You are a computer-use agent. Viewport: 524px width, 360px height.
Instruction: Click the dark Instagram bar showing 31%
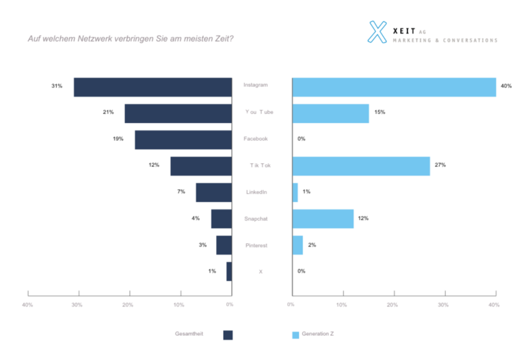[x=152, y=87]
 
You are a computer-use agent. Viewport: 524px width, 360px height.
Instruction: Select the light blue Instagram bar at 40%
[x=393, y=87]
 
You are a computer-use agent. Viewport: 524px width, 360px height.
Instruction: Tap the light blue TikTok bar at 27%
[x=361, y=166]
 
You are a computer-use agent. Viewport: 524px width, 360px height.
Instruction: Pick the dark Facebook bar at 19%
[x=183, y=140]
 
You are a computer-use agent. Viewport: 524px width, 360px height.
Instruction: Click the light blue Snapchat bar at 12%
[x=323, y=219]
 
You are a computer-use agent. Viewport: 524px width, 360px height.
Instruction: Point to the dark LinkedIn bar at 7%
[x=214, y=192]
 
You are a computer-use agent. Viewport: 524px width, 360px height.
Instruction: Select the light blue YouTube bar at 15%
[x=330, y=113]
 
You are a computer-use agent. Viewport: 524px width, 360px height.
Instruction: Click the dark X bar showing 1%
[x=229, y=271]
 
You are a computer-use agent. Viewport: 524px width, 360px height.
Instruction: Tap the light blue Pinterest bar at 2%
[x=297, y=245]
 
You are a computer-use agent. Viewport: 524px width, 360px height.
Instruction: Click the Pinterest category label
[x=256, y=245]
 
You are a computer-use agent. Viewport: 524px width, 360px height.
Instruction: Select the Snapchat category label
[x=256, y=219]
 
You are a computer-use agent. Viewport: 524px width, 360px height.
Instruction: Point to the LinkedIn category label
[x=256, y=192]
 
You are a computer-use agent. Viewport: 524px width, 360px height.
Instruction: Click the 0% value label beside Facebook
[x=302, y=139]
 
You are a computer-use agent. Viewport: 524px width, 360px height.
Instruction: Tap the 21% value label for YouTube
[x=108, y=112]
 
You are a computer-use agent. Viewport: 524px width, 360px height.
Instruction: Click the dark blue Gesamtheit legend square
[x=228, y=335]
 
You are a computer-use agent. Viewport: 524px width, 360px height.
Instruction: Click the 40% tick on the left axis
[x=27, y=305]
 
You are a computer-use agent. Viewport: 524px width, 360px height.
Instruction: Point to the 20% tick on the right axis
[x=393, y=305]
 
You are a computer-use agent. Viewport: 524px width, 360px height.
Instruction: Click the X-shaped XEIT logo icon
[x=378, y=32]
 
